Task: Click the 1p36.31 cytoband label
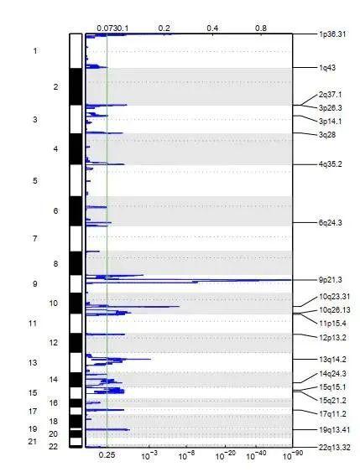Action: click(333, 34)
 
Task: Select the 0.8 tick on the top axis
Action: click(262, 28)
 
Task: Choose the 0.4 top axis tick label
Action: click(213, 28)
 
